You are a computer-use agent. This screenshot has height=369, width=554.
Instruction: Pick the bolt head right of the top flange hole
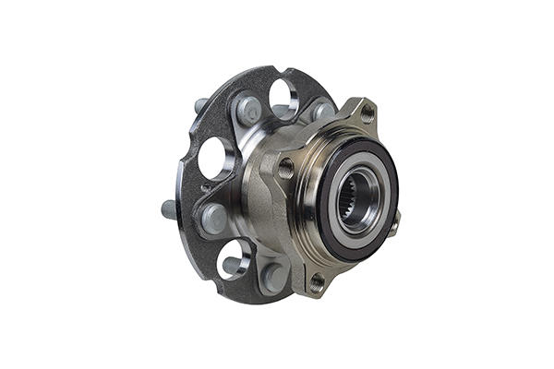pos(322,112)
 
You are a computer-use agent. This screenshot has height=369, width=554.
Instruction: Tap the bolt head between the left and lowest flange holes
pos(213,219)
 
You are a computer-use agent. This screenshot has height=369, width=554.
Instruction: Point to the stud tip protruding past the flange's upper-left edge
pos(200,104)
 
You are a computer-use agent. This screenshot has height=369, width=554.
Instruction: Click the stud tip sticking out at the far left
pos(169,209)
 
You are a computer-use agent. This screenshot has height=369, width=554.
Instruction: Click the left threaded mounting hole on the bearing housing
pos(285,168)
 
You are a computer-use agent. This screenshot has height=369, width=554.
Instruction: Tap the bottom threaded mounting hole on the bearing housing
pos(318,280)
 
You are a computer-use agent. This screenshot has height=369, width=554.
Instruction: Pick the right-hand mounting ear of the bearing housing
pos(395,222)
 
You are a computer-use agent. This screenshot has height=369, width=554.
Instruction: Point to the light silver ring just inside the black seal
pos(341,232)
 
